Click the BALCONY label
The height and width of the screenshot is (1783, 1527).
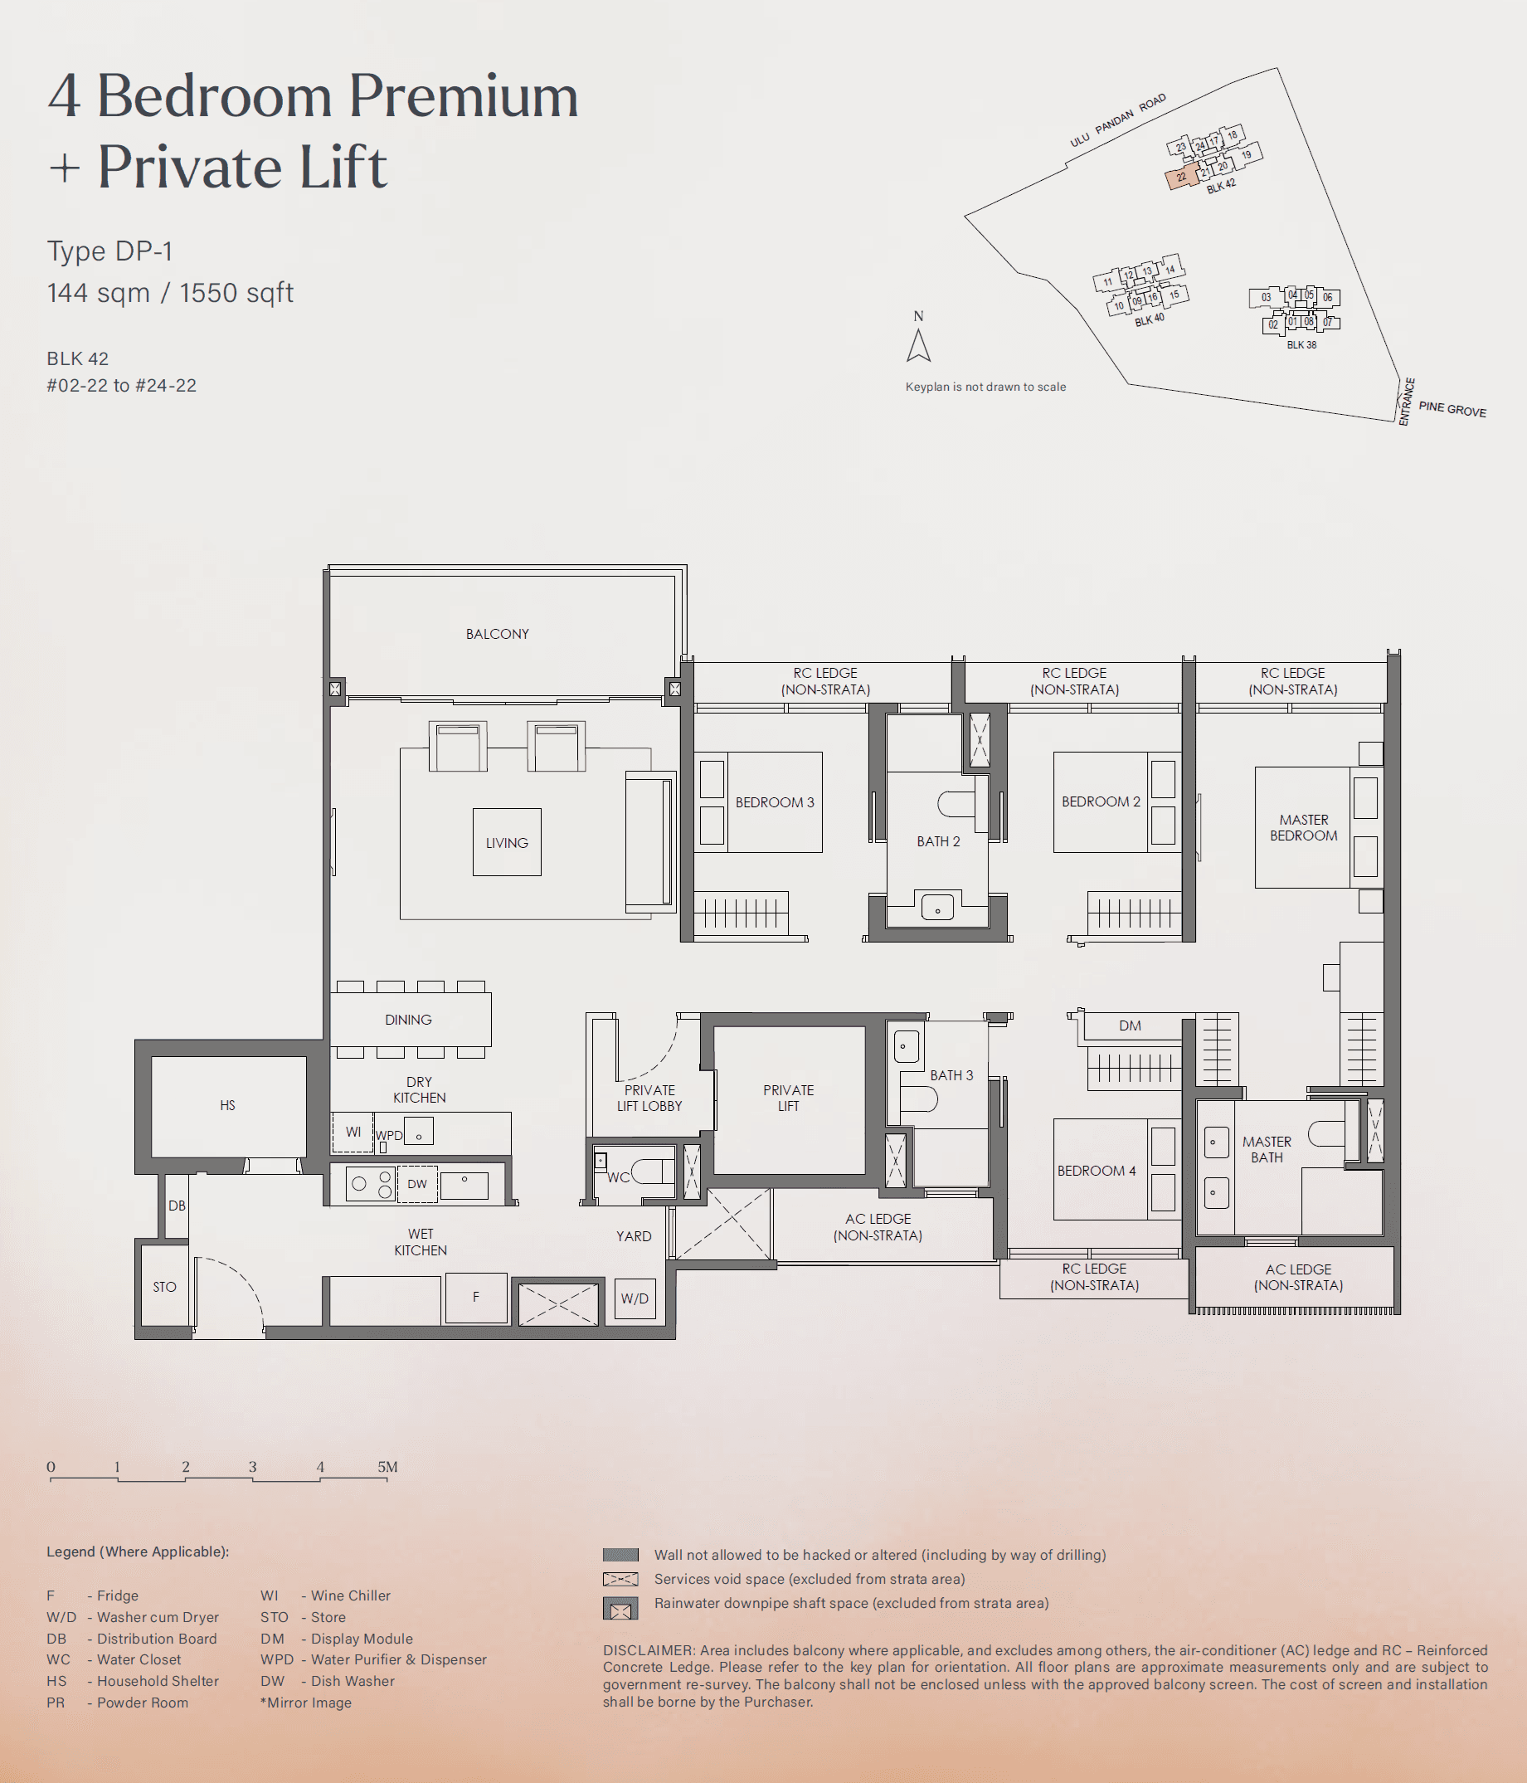click(496, 633)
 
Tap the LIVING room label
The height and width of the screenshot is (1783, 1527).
click(506, 842)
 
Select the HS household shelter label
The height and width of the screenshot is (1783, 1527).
click(227, 1105)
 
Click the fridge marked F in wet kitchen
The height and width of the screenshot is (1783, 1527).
click(476, 1297)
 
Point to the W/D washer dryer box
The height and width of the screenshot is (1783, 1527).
click(634, 1298)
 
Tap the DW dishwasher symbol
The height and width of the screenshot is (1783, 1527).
click(417, 1184)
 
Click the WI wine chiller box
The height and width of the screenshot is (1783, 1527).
click(353, 1132)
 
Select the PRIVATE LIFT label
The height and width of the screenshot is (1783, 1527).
click(788, 1098)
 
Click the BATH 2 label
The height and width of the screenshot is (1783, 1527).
click(938, 840)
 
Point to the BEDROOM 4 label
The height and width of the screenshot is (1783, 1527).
click(1096, 1171)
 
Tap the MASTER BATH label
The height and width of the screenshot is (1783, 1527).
click(1267, 1149)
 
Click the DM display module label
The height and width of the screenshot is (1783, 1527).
click(1130, 1025)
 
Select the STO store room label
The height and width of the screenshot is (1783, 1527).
click(164, 1287)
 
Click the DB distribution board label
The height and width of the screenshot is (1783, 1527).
click(177, 1206)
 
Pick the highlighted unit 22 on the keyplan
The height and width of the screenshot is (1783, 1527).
click(1181, 178)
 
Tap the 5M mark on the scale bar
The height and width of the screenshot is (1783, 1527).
click(388, 1467)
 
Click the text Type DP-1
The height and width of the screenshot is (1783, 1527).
click(109, 251)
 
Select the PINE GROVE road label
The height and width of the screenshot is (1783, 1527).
click(1452, 409)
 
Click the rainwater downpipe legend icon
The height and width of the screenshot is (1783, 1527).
click(620, 1608)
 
